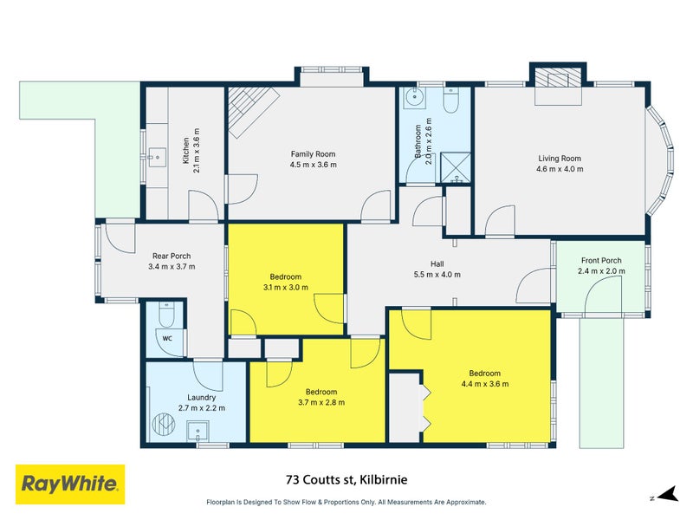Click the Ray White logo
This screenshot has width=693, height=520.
tap(70, 484)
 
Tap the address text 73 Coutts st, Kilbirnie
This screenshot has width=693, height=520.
tap(346, 478)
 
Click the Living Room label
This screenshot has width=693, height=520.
tap(560, 159)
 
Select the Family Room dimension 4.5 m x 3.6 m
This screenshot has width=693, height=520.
tap(313, 164)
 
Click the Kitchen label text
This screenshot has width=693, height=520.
tap(185, 151)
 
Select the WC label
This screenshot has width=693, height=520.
tap(167, 339)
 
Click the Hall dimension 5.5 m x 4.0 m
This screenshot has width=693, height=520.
tap(437, 275)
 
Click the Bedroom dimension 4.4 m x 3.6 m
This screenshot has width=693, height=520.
tap(484, 384)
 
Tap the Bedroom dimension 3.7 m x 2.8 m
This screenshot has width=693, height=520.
tap(321, 402)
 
